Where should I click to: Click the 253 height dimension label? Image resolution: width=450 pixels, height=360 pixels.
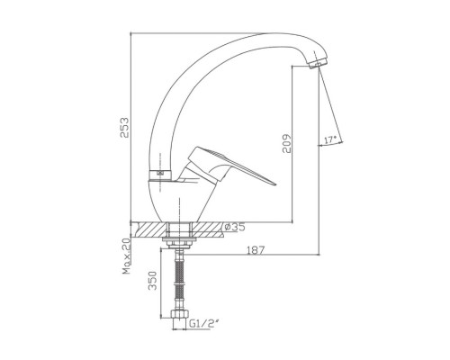click(124, 127)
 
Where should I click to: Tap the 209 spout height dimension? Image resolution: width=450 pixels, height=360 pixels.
click(287, 143)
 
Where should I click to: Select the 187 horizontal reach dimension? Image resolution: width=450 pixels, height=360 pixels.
click(256, 250)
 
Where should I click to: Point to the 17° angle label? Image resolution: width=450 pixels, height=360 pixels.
click(330, 139)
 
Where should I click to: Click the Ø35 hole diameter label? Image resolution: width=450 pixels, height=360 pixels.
click(235, 227)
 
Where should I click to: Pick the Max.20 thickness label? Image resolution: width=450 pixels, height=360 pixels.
click(127, 256)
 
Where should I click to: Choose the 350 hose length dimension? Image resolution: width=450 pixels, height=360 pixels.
click(153, 281)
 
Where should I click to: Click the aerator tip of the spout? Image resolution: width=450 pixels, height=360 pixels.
click(318, 64)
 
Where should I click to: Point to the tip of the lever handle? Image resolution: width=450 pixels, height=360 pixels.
click(274, 183)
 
